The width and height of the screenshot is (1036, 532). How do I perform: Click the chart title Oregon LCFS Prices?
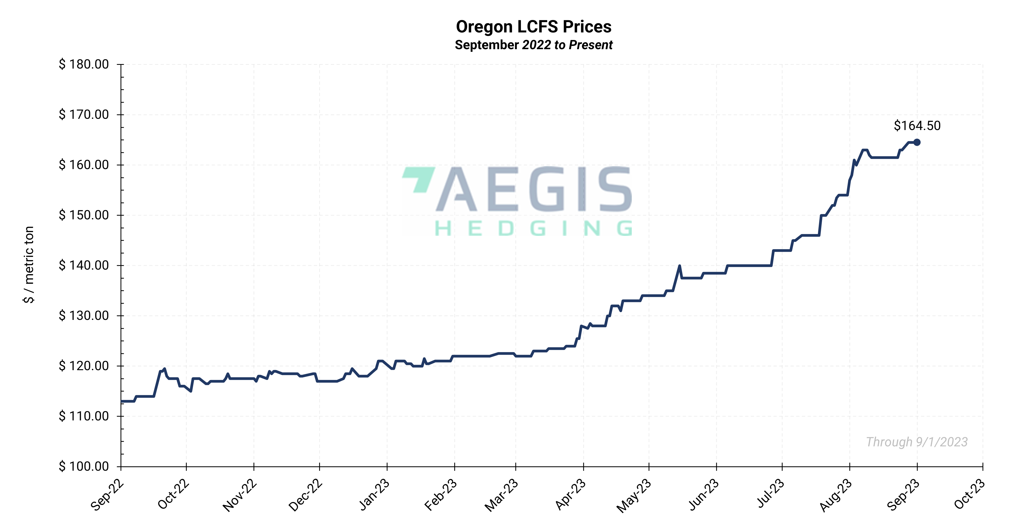click(x=533, y=27)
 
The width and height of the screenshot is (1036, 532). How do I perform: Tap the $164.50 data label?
click(x=917, y=126)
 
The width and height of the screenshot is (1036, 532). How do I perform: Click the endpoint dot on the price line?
click(x=917, y=142)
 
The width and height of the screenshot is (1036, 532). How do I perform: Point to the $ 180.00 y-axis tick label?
click(x=84, y=64)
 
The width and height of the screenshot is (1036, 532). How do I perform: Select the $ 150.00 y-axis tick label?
click(x=84, y=215)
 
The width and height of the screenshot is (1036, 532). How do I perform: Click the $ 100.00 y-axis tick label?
click(x=84, y=466)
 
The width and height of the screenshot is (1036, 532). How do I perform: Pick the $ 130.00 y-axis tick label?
click(x=84, y=316)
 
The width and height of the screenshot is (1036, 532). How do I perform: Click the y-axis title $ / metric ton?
click(x=29, y=265)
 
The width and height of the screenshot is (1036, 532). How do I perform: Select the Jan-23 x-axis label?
click(x=374, y=496)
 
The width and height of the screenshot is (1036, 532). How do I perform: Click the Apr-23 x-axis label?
click(x=570, y=496)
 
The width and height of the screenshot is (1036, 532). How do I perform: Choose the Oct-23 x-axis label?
click(x=969, y=496)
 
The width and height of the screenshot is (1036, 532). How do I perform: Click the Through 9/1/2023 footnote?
click(x=917, y=442)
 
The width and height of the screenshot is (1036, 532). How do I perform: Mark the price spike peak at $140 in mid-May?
click(x=679, y=266)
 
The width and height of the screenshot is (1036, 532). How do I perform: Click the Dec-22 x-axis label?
click(x=306, y=496)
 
